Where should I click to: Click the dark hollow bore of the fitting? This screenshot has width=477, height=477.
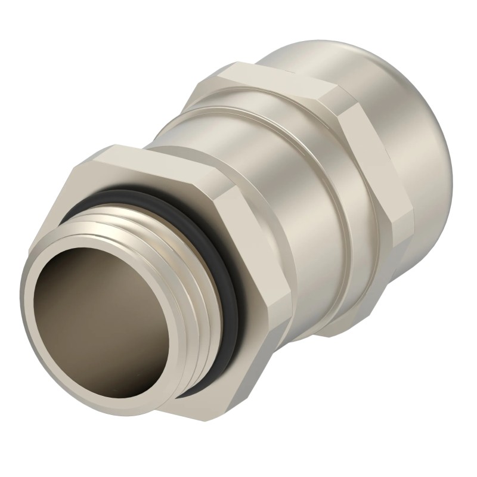point(89,322)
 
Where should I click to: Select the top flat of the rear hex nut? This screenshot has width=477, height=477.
point(268,80)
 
